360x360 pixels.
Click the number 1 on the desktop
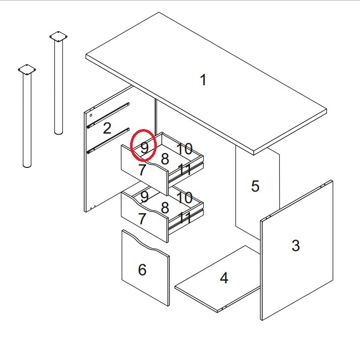tap(203, 80)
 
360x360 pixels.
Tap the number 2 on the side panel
tap(107, 128)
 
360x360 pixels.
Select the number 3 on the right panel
tap(295, 246)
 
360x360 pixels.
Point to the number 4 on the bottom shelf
tap(224, 278)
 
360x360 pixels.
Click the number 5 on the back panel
tap(255, 186)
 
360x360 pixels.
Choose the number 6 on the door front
tap(142, 270)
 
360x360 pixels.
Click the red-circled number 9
tap(144, 148)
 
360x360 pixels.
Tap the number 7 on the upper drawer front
tap(142, 170)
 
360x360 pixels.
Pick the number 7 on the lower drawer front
tap(142, 219)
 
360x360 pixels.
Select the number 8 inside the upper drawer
tap(165, 159)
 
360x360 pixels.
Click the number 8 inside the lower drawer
tap(165, 208)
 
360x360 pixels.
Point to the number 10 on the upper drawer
tap(185, 149)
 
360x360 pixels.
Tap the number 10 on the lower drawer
tap(185, 198)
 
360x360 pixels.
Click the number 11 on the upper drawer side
tap(185, 169)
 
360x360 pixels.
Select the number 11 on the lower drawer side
tap(185, 218)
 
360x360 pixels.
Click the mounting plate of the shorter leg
tap(27, 70)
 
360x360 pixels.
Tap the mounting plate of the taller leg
tap(58, 36)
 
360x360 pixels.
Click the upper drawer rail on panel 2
tap(108, 115)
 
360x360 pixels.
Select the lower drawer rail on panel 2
tap(108, 141)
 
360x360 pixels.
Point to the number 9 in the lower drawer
tap(144, 197)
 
